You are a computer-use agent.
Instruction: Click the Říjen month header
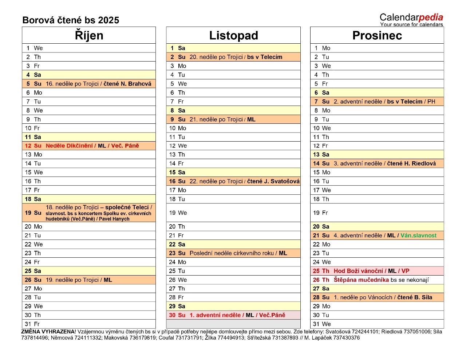tap(89, 35)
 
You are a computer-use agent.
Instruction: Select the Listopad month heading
tap(233, 35)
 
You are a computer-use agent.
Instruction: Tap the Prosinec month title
tap(377, 35)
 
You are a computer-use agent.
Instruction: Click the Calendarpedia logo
tap(411, 19)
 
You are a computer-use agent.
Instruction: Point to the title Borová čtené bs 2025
tap(71, 20)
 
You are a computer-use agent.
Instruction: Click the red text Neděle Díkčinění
tap(69, 146)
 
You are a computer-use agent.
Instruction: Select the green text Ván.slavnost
tap(418, 236)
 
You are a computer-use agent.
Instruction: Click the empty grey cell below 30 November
tap(233, 324)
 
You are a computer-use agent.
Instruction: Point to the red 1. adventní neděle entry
tap(215, 315)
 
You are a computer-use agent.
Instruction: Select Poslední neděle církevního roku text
tap(232, 253)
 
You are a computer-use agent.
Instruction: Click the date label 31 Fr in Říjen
tap(32, 324)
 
